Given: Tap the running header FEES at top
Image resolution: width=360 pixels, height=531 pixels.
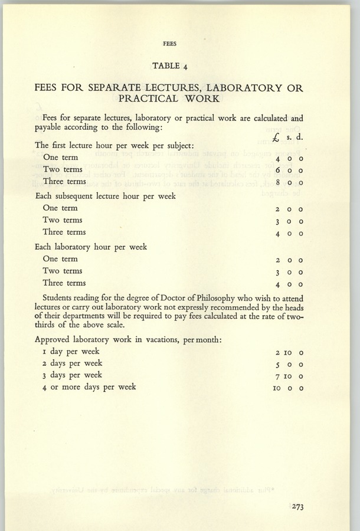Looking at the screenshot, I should [170, 44].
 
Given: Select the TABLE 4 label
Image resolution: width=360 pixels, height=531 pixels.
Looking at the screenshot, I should [170, 65].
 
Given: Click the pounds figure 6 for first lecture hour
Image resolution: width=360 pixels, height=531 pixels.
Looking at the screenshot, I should [277, 170].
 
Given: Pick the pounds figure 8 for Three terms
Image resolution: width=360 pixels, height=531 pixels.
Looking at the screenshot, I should [277, 182].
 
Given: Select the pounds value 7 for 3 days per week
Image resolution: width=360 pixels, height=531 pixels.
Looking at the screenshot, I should [277, 376].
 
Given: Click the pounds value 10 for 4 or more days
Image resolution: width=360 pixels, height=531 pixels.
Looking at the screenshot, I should [277, 388].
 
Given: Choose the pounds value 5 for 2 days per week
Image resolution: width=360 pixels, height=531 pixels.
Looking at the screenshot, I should [277, 365].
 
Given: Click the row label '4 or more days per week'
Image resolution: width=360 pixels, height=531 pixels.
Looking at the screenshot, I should [89, 387].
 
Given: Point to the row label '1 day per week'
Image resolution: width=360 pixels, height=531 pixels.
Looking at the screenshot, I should [71, 352].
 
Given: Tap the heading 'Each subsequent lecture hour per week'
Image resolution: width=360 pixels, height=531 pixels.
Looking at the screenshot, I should [105, 195].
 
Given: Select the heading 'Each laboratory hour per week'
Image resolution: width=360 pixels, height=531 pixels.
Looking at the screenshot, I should [91, 247].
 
